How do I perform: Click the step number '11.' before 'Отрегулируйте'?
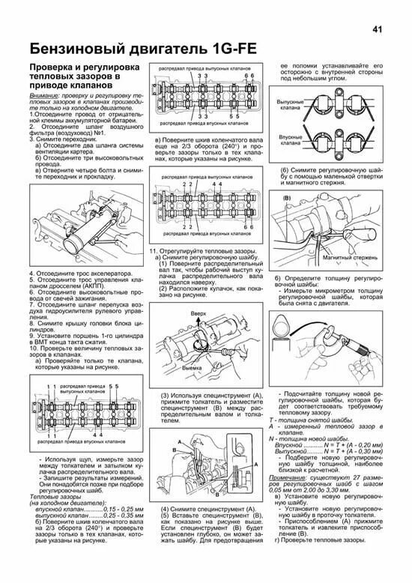[155, 249]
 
